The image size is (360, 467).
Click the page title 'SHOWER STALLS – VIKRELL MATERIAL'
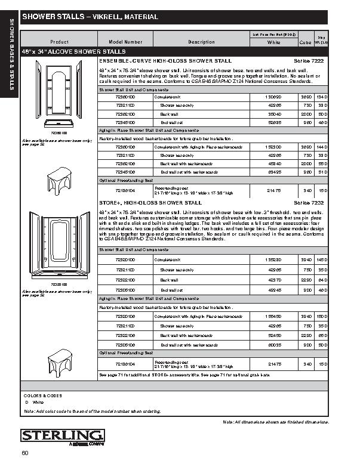coord(90,17)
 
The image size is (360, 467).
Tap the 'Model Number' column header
coord(125,42)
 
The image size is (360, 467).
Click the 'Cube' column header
coord(305,43)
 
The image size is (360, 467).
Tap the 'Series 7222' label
coord(309,61)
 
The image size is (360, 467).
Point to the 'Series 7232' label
coord(309,203)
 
